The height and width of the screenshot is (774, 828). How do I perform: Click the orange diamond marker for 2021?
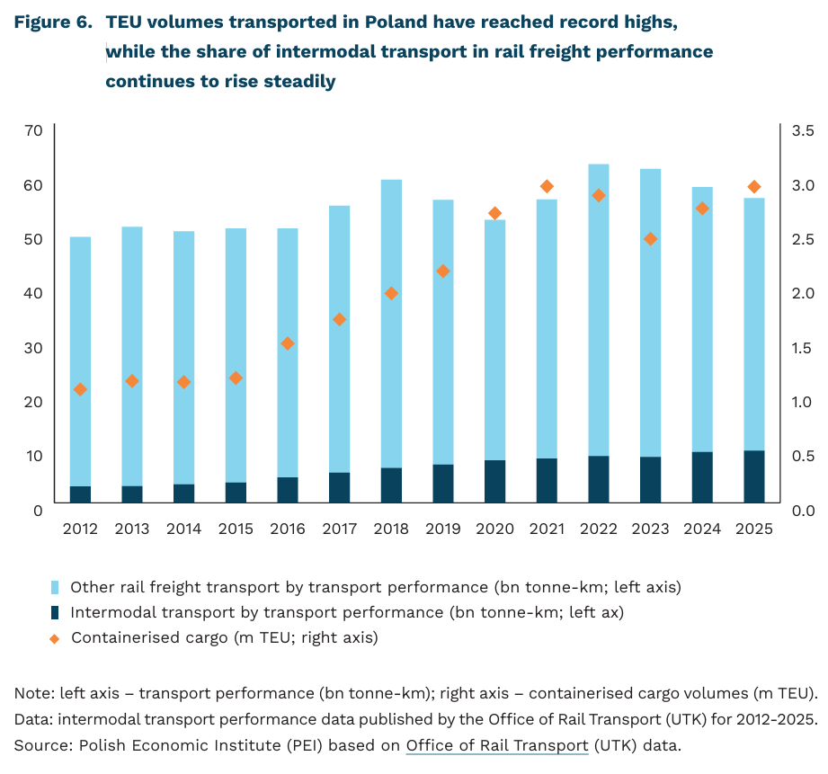coord(547,186)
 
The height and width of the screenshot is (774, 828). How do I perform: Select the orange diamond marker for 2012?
coord(80,389)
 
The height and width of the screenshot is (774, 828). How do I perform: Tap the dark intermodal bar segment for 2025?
coord(754,476)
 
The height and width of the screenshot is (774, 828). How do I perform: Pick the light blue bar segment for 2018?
coord(391,324)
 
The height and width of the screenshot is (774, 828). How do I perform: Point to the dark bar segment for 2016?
coord(288,490)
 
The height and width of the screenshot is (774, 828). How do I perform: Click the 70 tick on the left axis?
coord(33,130)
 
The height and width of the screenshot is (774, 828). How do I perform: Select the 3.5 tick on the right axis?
coord(803,130)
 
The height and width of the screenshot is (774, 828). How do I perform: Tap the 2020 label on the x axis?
coord(494,529)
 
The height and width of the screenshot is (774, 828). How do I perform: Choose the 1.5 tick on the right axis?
coord(803,348)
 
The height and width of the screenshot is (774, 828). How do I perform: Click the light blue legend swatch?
coord(55,588)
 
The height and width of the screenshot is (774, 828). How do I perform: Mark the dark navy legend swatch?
coord(55,613)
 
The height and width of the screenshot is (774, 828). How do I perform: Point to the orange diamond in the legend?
coord(54,639)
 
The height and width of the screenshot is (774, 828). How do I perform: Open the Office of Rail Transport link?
coord(497,745)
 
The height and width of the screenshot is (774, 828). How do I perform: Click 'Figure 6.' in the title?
coord(53,22)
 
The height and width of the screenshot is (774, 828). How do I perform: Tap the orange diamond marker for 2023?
coord(651,239)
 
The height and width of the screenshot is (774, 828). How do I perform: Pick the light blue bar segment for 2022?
coord(599,310)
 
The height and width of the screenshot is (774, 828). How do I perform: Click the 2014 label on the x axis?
coord(183,529)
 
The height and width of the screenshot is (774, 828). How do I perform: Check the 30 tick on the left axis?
coord(33,348)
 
